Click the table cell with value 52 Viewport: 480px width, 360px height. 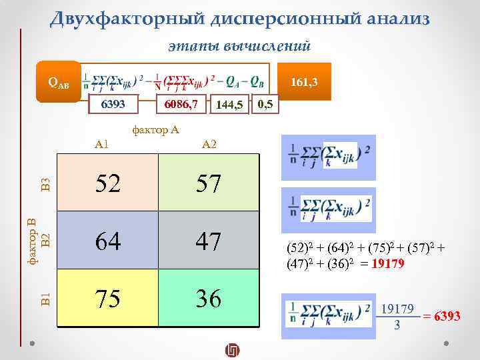click(x=108, y=183)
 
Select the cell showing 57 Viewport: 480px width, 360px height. click(x=209, y=183)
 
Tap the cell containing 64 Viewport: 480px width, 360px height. click(x=108, y=240)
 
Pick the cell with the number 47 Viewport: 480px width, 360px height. click(x=209, y=240)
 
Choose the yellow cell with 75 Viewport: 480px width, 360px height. click(x=108, y=298)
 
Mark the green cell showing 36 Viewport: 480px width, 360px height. click(x=209, y=298)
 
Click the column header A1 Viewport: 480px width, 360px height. click(x=102, y=144)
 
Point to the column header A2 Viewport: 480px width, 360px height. click(x=209, y=144)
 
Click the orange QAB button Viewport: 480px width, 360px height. click(x=58, y=83)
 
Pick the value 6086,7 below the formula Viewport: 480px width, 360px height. click(x=171, y=105)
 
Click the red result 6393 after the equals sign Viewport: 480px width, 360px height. click(x=447, y=315)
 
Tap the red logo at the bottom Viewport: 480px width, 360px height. click(x=233, y=350)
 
